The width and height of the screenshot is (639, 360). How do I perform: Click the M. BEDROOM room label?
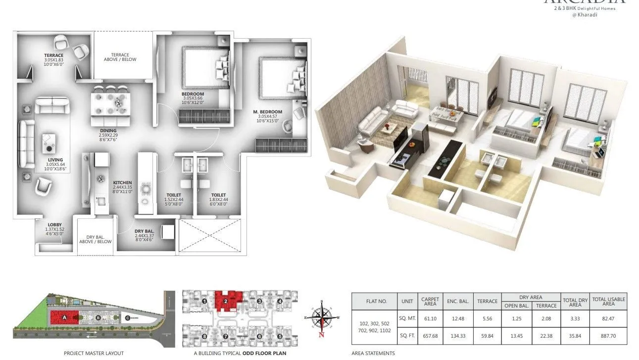tap(269, 112)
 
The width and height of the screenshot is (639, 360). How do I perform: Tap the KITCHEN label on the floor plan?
tap(122, 182)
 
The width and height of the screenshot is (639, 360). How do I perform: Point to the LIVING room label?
tap(55, 160)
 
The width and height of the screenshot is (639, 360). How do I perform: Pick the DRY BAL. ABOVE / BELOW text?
tap(96, 239)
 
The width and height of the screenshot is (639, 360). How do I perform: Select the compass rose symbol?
tap(322, 318)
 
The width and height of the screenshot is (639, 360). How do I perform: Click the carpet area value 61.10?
tap(430, 318)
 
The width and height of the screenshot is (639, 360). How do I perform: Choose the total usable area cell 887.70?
tap(608, 335)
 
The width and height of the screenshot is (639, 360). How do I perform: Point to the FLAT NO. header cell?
tap(374, 301)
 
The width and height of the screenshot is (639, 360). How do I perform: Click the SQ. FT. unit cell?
tap(407, 335)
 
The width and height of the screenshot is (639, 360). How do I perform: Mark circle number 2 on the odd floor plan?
tap(225, 301)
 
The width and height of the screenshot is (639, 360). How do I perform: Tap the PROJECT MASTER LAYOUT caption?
tap(94, 353)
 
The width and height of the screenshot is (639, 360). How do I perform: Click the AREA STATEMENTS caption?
tap(373, 353)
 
